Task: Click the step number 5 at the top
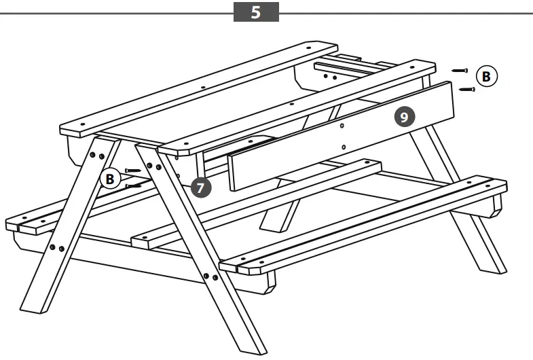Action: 256,12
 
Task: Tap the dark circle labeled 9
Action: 403,118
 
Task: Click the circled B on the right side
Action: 485,76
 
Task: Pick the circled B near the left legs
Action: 109,179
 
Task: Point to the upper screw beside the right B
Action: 460,70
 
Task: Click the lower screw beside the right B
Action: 466,89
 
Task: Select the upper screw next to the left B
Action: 133,170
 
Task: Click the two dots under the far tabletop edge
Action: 329,77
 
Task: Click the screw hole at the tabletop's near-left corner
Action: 81,125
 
